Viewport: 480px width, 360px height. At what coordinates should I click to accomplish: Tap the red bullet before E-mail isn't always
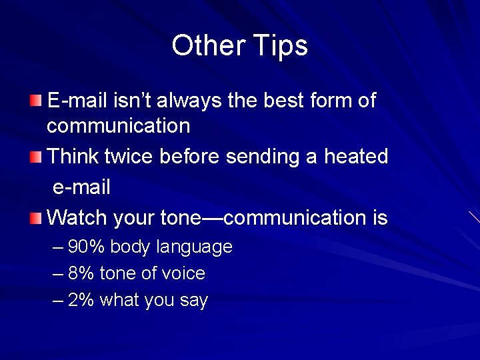(x=35, y=101)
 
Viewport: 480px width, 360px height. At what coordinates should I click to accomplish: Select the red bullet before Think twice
(x=35, y=157)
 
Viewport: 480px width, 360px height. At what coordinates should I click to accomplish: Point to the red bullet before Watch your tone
(x=35, y=217)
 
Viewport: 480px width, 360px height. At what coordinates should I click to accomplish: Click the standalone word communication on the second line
(x=118, y=125)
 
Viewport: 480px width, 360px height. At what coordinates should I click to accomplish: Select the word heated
(x=355, y=157)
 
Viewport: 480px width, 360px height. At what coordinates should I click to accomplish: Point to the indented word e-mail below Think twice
(x=81, y=187)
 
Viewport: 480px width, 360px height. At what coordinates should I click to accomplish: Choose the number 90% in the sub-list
(x=86, y=247)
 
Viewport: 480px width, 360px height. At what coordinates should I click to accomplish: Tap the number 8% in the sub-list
(x=81, y=273)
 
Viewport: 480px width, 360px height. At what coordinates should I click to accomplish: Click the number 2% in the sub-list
(x=81, y=300)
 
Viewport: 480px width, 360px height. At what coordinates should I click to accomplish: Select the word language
(x=194, y=248)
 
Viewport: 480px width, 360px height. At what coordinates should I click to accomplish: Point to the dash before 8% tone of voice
(x=58, y=273)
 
